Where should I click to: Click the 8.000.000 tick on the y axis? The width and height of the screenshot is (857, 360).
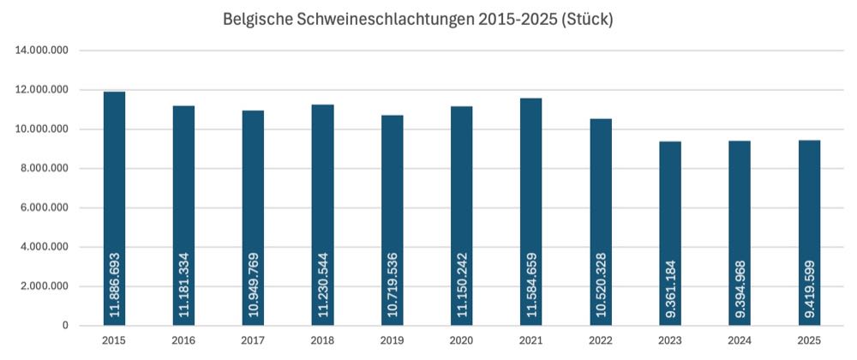click(43, 169)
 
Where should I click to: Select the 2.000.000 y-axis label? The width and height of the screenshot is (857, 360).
click(43, 286)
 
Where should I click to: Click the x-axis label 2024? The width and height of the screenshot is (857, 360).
click(740, 340)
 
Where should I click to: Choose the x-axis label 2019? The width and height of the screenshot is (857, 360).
click(393, 340)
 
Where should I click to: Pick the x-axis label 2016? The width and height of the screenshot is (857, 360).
click(184, 340)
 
